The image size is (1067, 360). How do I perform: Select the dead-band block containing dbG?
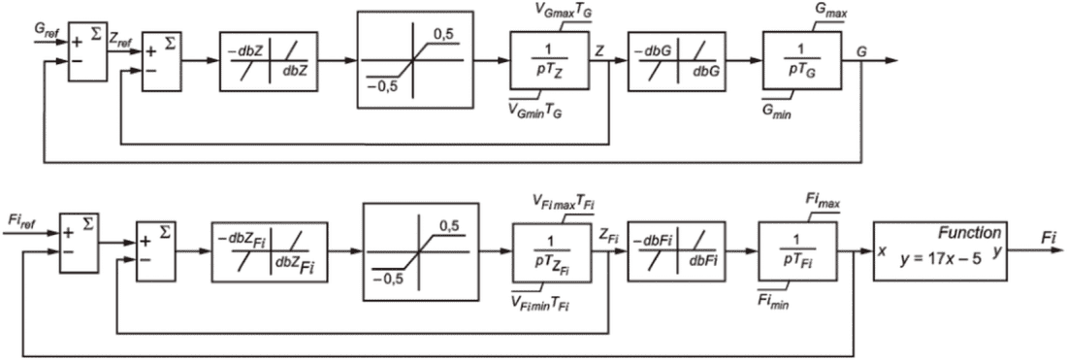(676, 60)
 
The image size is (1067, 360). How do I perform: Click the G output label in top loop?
(862, 51)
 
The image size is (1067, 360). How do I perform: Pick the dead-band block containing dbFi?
(674, 251)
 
